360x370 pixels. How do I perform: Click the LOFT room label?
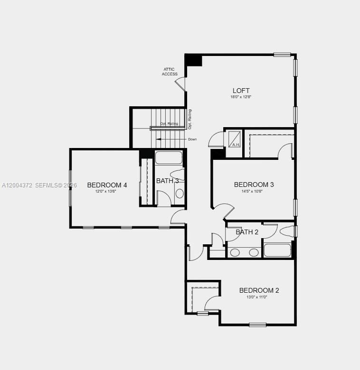click(x=241, y=91)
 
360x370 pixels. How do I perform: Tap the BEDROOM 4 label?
click(x=107, y=185)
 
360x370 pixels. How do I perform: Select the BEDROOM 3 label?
click(x=254, y=185)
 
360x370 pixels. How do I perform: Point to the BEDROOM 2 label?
click(x=259, y=290)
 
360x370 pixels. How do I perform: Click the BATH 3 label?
click(x=167, y=181)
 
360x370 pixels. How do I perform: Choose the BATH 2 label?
click(x=247, y=232)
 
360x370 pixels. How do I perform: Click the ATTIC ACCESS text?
click(x=170, y=72)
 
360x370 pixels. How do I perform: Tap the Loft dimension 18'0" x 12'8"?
click(x=241, y=97)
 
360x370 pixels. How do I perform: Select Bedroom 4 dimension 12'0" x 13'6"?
click(x=105, y=191)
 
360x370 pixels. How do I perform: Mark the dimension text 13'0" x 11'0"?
click(x=257, y=297)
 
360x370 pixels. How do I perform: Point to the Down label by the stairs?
click(x=192, y=139)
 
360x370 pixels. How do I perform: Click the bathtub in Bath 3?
click(x=169, y=157)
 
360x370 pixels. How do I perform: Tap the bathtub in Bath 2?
click(x=277, y=250)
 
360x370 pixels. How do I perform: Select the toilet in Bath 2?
click(x=287, y=231)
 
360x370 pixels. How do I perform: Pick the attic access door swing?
click(x=180, y=83)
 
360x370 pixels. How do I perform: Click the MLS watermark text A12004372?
click(x=17, y=185)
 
